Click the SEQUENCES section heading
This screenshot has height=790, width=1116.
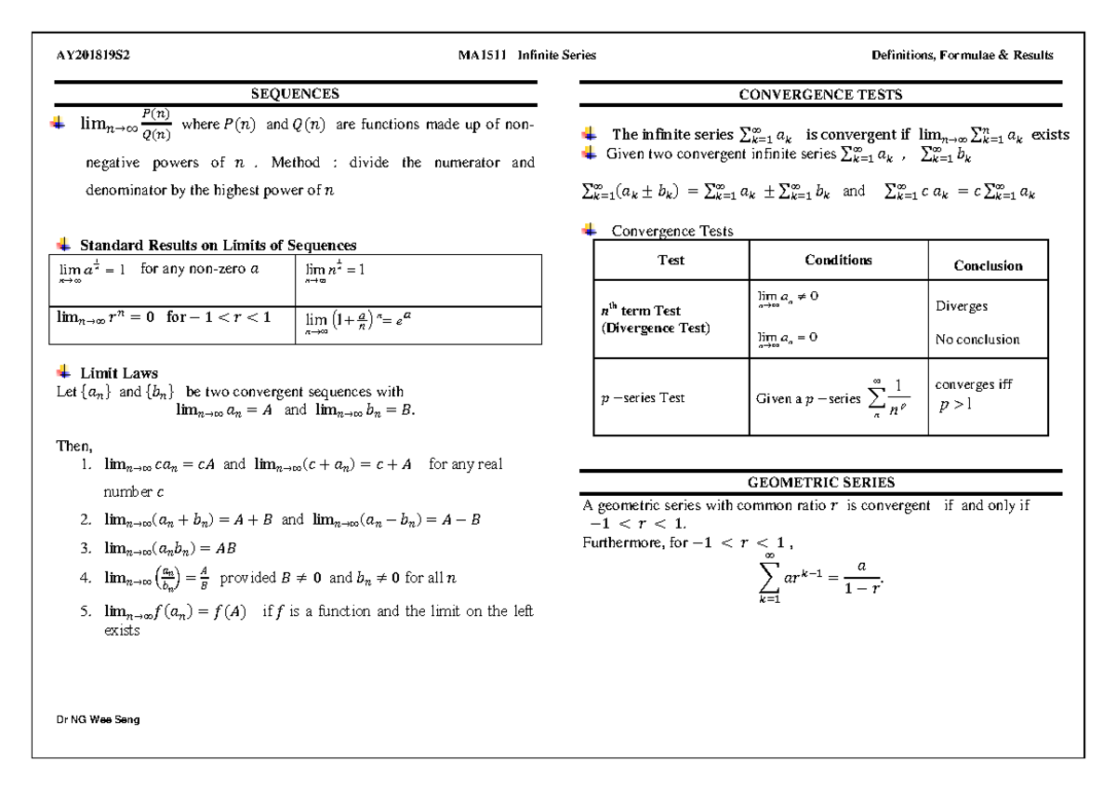297,93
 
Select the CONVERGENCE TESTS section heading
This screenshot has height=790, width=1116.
820,94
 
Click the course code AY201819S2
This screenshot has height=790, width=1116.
93,55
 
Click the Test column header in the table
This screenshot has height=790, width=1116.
671,261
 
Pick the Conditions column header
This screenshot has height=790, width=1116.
838,261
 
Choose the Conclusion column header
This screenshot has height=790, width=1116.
988,265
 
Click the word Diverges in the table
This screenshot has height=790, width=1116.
962,305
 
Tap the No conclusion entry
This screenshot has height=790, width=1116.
976,339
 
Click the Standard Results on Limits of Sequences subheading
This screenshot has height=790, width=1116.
219,245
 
